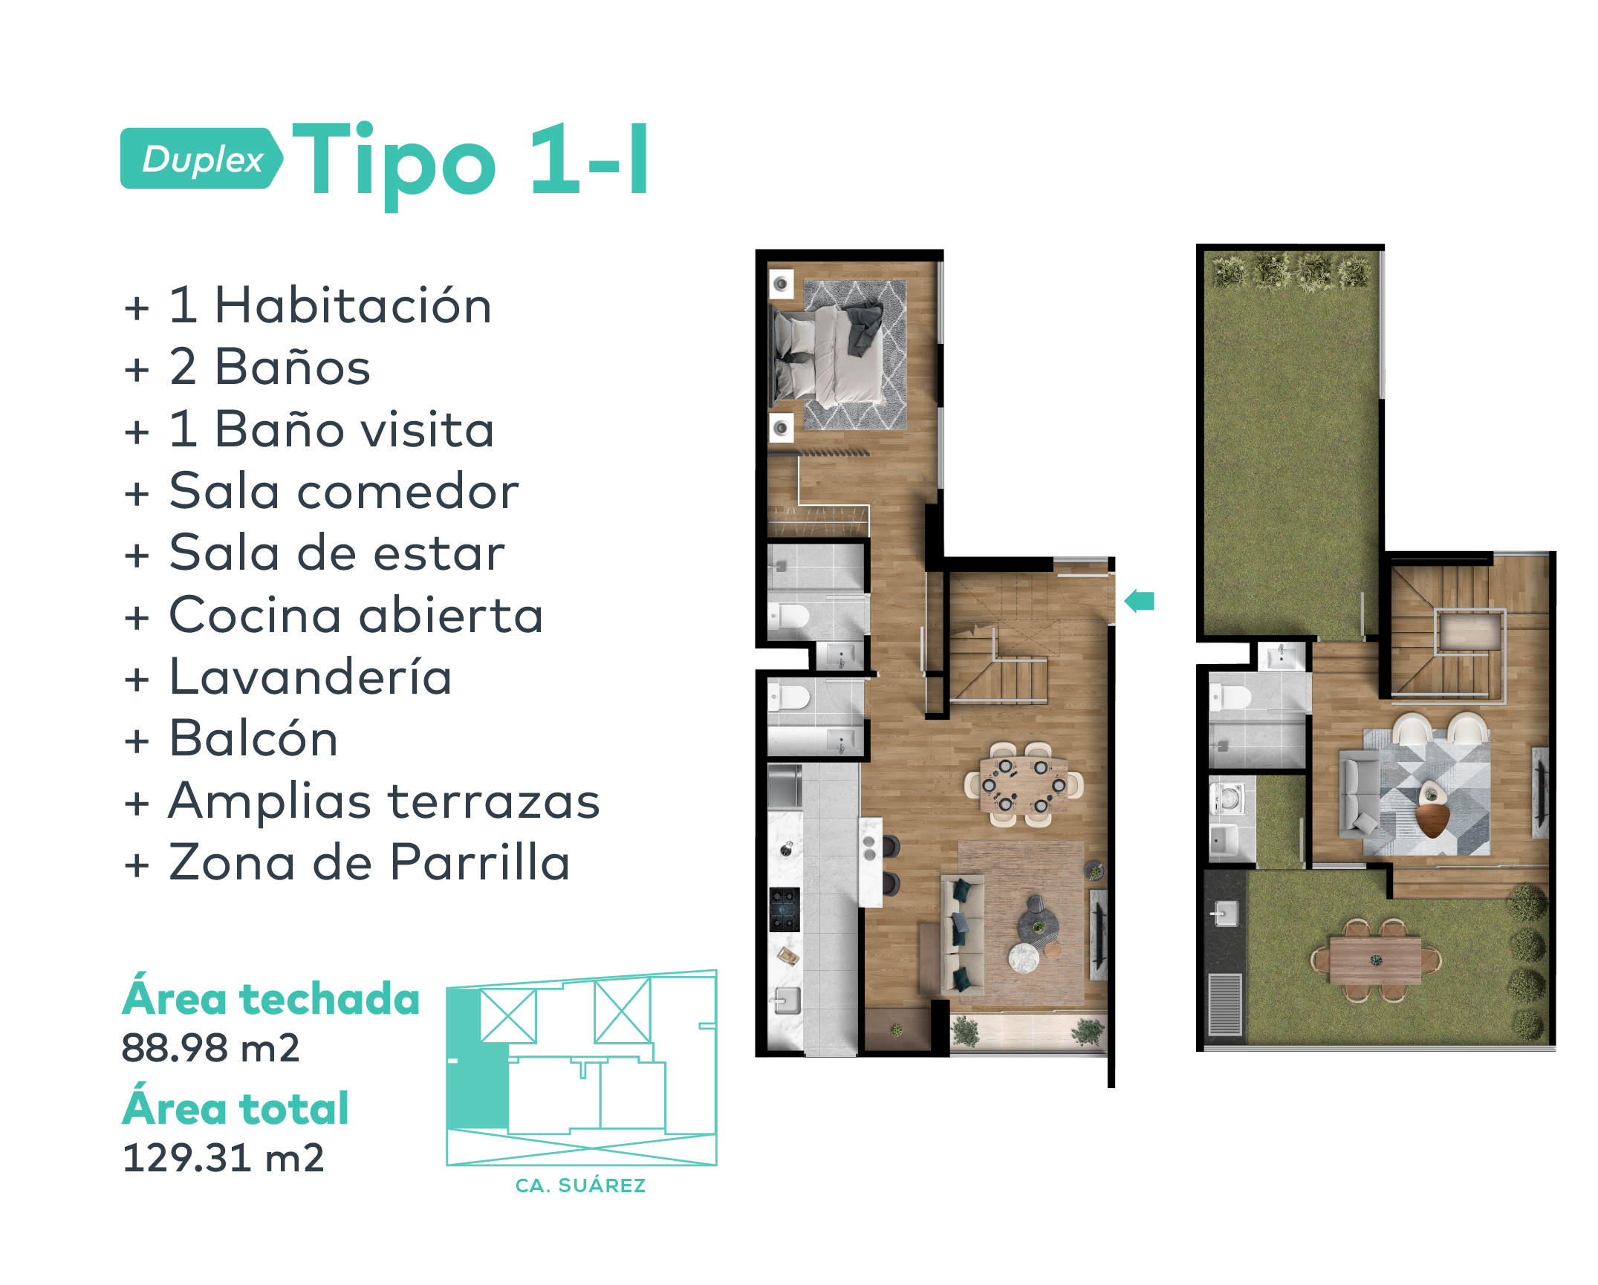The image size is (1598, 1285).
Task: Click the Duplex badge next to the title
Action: point(201,159)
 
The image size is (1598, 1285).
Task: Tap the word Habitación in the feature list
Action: point(353,306)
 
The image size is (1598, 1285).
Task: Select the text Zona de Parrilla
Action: point(369,863)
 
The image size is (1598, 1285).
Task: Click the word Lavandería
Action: point(311,677)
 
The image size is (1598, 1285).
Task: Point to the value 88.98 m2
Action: point(210,1049)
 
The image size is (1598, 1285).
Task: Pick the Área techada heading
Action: point(271,999)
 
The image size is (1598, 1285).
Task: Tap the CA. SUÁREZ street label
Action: point(580,1186)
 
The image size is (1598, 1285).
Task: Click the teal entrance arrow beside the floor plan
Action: point(1140,601)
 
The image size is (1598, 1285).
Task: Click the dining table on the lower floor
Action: point(1024,785)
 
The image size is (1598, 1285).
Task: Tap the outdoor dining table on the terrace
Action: point(1375,960)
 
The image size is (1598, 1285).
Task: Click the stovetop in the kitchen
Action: point(785,909)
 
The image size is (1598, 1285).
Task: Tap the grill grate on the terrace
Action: point(1224,1004)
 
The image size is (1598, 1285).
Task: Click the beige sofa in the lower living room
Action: point(962,934)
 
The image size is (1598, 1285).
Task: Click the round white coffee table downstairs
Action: point(1024,957)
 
